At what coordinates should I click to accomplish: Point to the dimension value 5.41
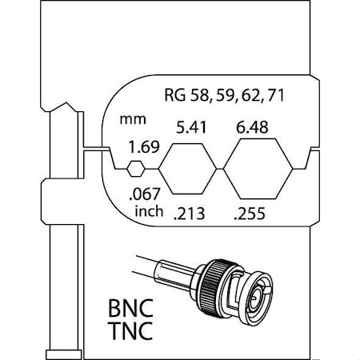pyautogui.click(x=187, y=126)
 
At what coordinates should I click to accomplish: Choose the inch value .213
pyautogui.click(x=189, y=214)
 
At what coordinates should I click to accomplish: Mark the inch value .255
pyautogui.click(x=250, y=214)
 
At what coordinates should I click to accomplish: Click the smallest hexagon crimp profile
pyautogui.click(x=137, y=168)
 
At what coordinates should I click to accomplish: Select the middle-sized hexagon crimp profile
pyautogui.click(x=188, y=168)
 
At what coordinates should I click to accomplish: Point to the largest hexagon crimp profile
pyautogui.click(x=257, y=168)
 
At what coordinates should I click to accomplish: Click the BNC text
pyautogui.click(x=130, y=307)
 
